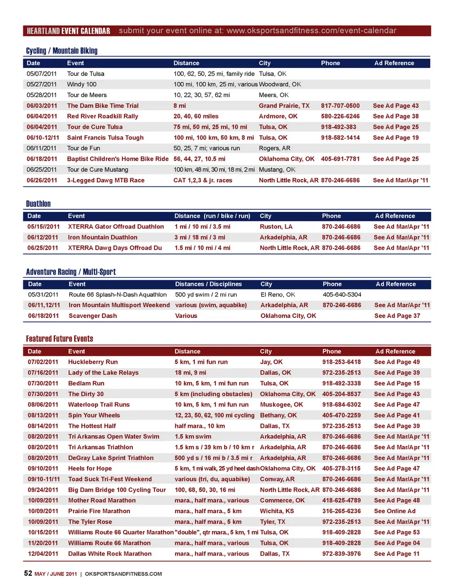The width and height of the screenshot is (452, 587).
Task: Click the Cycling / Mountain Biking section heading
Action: (x=62, y=51)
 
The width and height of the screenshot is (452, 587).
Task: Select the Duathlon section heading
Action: (x=38, y=204)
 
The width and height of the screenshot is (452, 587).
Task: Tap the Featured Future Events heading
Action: (x=59, y=339)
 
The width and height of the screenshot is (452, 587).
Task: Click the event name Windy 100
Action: (x=81, y=84)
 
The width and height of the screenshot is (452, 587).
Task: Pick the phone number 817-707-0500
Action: (x=340, y=106)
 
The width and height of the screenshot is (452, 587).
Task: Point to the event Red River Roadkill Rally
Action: (x=103, y=116)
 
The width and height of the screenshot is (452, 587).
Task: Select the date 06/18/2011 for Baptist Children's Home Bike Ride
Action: (x=42, y=159)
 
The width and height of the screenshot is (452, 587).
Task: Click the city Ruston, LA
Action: (x=276, y=227)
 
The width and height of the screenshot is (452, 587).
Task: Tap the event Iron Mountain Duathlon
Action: (x=103, y=237)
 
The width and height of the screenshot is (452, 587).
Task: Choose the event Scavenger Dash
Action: (x=93, y=316)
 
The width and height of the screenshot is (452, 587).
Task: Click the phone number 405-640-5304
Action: (x=342, y=295)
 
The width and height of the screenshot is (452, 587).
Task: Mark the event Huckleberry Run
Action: (x=93, y=362)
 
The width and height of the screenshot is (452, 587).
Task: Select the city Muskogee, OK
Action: (x=282, y=405)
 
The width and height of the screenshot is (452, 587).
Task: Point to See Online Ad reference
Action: (x=395, y=511)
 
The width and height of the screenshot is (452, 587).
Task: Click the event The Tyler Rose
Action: (x=90, y=522)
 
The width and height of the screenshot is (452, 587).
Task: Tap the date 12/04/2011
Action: (x=43, y=554)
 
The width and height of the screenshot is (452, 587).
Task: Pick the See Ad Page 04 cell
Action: (x=396, y=543)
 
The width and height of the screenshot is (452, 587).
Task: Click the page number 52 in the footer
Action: (x=28, y=573)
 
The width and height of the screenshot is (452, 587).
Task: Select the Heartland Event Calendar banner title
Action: (x=68, y=31)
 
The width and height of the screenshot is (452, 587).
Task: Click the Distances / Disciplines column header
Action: (x=208, y=284)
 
